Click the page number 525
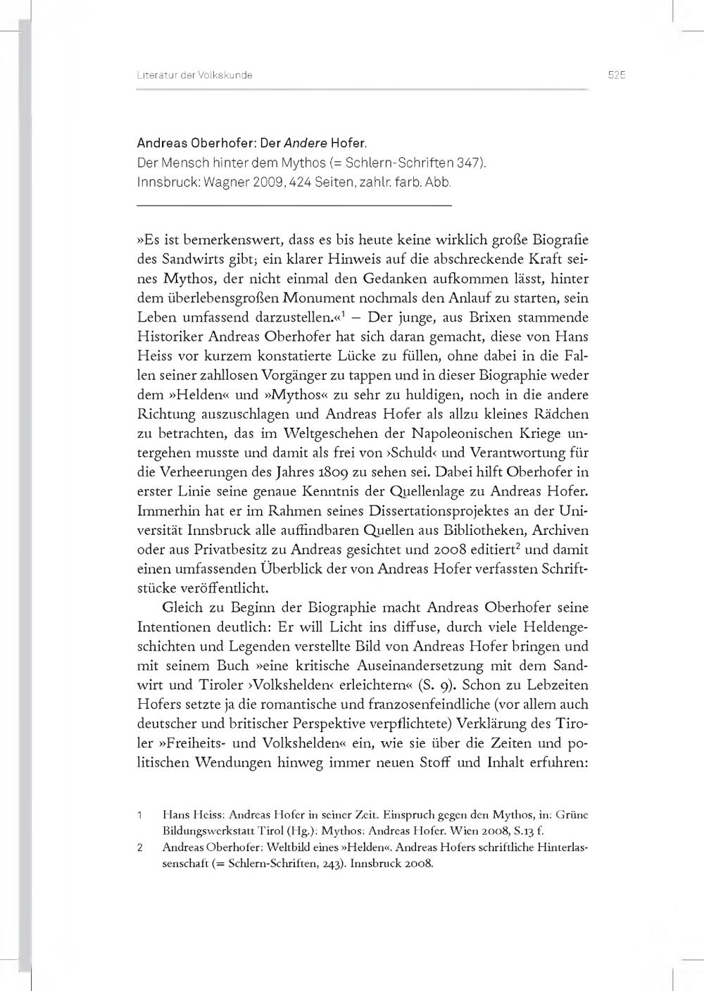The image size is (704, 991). (617, 75)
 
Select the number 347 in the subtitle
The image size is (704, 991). (467, 163)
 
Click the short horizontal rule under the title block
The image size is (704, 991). (294, 205)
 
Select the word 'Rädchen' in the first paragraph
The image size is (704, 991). (560, 414)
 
